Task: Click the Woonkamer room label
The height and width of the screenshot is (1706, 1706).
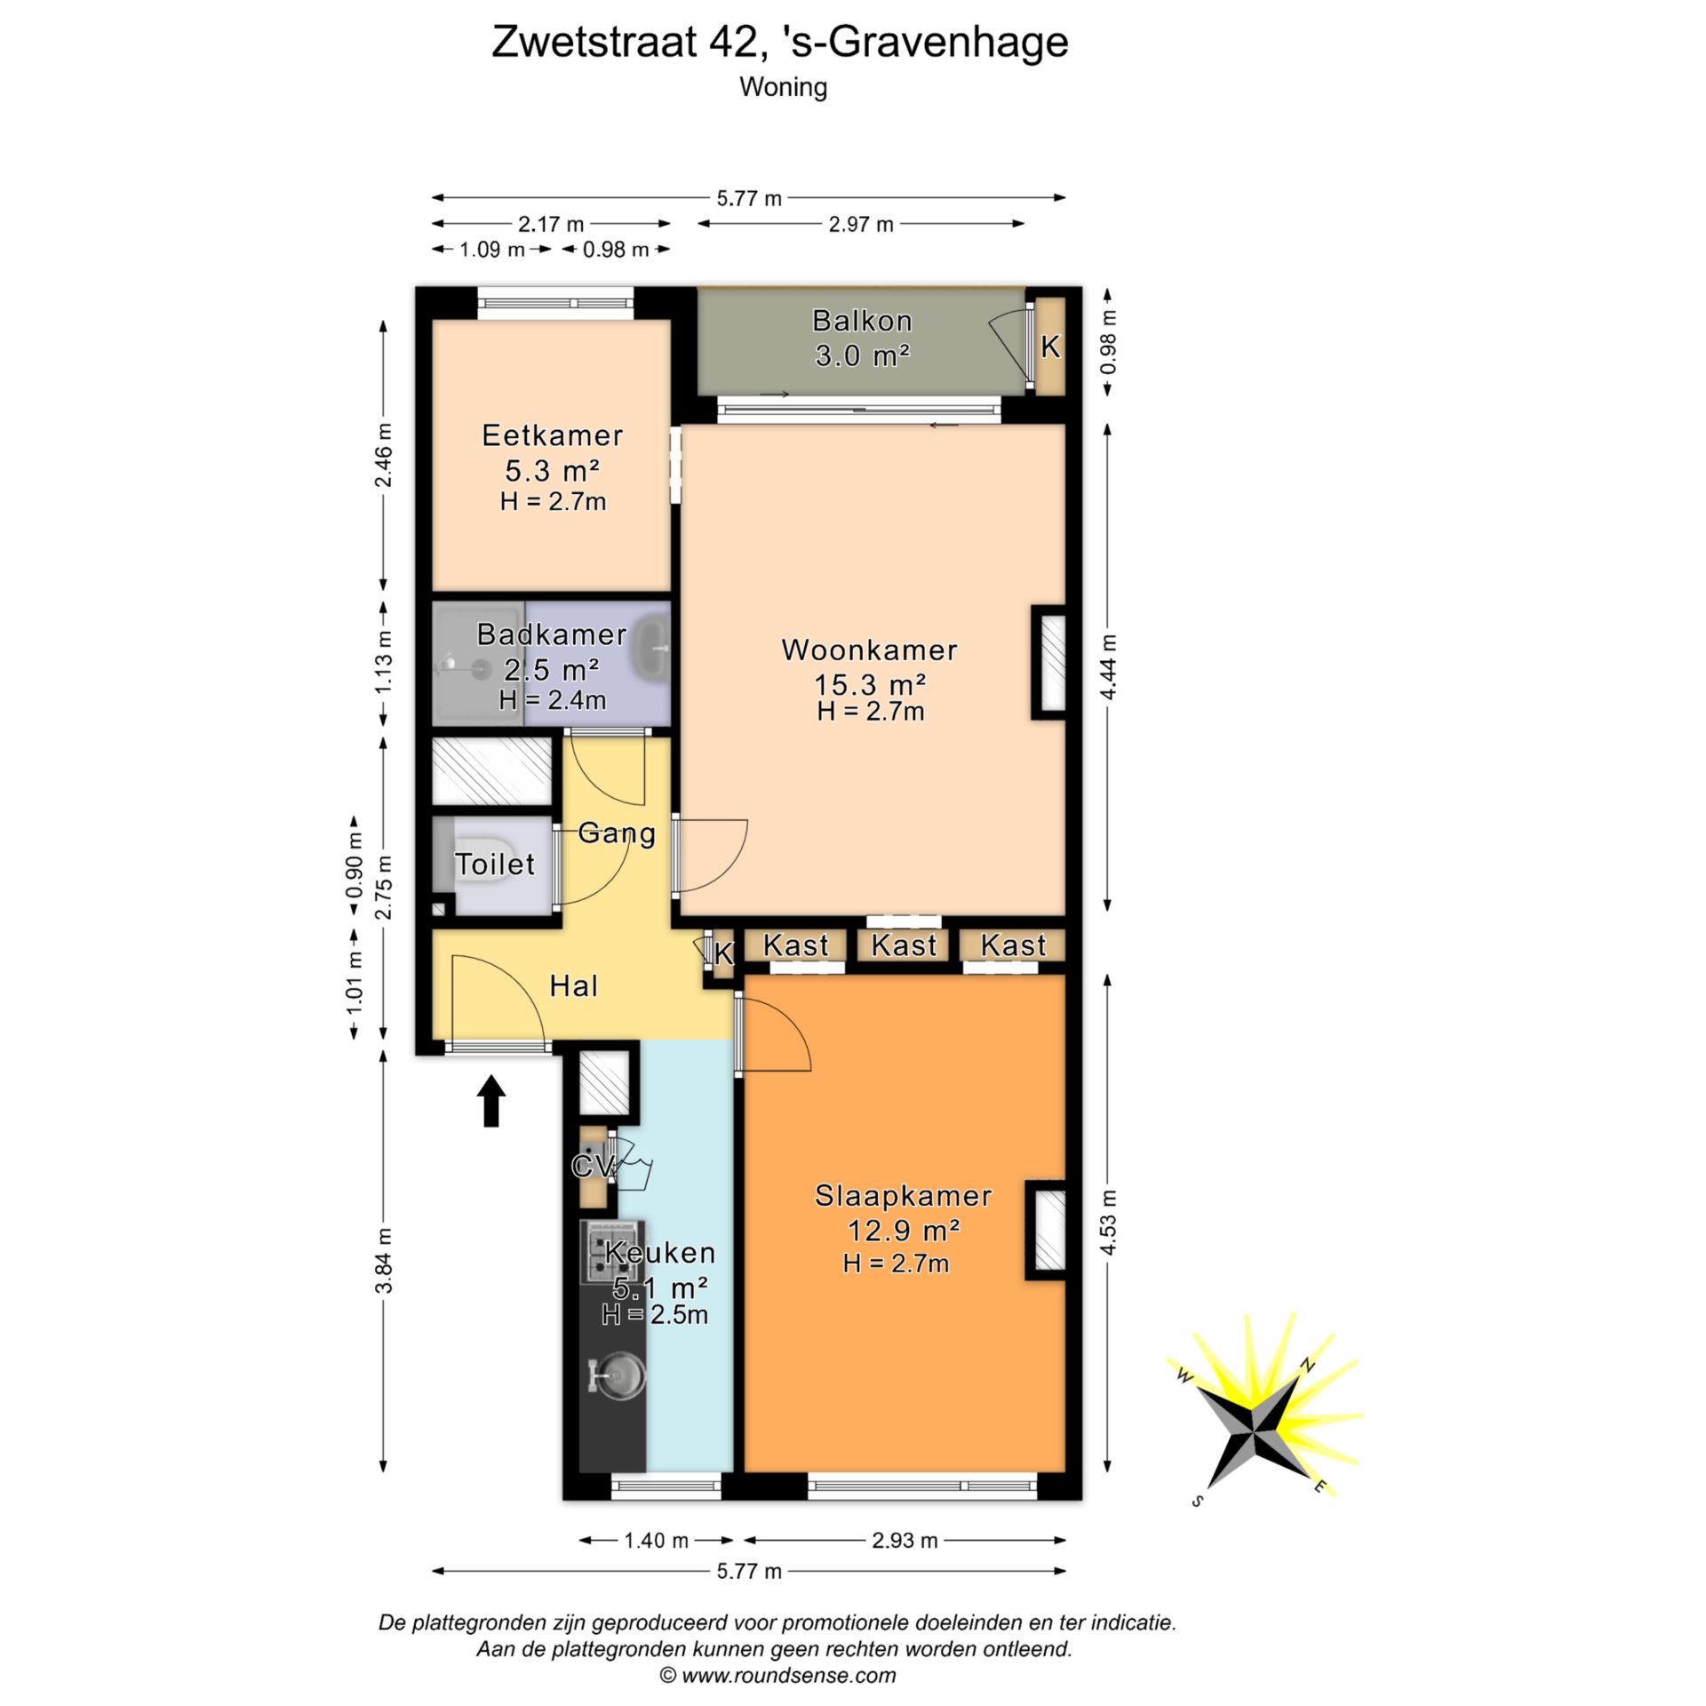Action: click(x=869, y=650)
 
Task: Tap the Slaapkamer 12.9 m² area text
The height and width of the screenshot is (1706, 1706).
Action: click(x=903, y=1231)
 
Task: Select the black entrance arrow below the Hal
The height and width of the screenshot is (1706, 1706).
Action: click(x=491, y=1101)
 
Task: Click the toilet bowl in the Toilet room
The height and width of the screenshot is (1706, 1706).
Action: click(x=481, y=858)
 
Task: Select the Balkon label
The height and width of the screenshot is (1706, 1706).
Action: click(x=862, y=320)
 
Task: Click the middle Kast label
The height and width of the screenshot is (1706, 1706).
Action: click(x=904, y=945)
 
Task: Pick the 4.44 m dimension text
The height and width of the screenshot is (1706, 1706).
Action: click(x=1108, y=667)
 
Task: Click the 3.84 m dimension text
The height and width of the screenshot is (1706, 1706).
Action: click(x=383, y=1261)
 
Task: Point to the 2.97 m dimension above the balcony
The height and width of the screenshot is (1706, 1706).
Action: click(x=860, y=224)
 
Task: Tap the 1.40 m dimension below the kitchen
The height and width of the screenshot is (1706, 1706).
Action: click(x=656, y=1540)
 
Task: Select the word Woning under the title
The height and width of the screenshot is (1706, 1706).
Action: click(x=783, y=87)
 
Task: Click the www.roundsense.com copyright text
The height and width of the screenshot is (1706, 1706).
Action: click(x=777, y=1676)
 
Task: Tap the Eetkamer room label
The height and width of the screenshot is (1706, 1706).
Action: click(x=552, y=435)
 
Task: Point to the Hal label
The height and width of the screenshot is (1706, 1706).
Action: click(x=574, y=985)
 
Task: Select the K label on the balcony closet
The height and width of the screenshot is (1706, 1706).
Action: click(x=1050, y=347)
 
